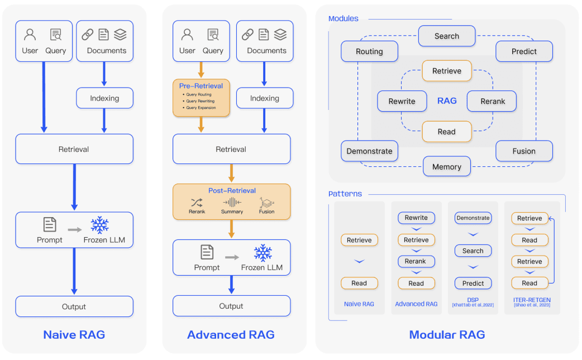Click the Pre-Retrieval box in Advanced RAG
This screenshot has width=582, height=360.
pos(201,98)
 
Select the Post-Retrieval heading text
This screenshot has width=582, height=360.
pos(231,190)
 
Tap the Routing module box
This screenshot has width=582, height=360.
pos(369,51)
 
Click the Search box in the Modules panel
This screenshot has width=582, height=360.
pos(447,36)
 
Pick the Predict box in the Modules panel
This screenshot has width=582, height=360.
pos(524,51)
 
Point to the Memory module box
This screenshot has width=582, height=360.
pos(447,166)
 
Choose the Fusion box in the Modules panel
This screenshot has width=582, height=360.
pos(524,151)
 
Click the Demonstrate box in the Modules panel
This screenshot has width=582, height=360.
pos(369,151)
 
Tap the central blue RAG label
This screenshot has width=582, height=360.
pos(447,101)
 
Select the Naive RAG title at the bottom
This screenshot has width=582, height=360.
pos(74,335)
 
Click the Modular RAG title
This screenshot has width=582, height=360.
pos(447,335)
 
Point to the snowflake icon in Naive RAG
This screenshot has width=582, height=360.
pos(99,225)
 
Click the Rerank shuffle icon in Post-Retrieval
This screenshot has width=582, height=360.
pos(197,202)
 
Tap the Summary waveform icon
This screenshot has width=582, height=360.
pos(232,202)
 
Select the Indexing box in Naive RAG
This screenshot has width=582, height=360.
pos(104,98)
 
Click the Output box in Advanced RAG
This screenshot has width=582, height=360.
pos(231,306)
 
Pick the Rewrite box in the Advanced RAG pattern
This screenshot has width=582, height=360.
pos(416,218)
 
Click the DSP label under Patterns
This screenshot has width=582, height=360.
pos(473,299)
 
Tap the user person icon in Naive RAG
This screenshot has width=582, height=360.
pos(30,35)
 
